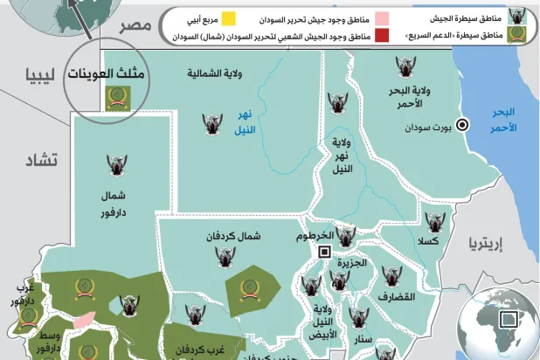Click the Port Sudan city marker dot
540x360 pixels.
[x=463, y=125]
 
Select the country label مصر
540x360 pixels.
[x=135, y=25]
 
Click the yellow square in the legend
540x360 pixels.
[x=228, y=17]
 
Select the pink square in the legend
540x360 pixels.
[x=381, y=17]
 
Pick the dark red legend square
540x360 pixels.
[x=381, y=35]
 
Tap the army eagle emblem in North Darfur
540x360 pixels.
[x=116, y=165]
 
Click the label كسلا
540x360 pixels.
[x=428, y=240]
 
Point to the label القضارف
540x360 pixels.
[x=396, y=297]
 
